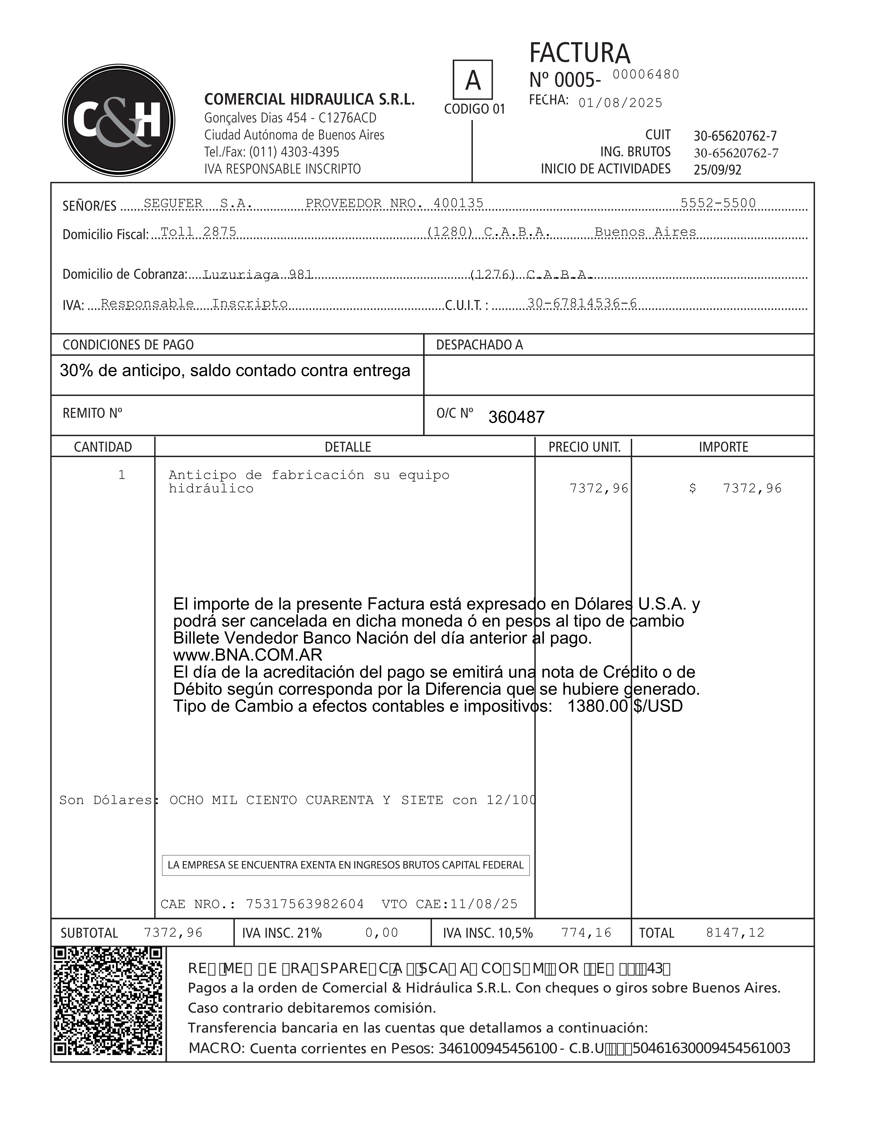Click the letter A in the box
(473, 80)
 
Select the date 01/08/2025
(620, 103)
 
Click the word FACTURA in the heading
(579, 53)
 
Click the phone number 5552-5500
(718, 203)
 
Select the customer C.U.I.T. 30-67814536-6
(582, 304)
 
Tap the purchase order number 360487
(516, 417)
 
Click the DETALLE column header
(347, 447)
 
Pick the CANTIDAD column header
(103, 447)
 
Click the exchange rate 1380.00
(597, 706)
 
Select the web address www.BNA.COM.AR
(248, 655)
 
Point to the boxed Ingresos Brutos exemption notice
(345, 865)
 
